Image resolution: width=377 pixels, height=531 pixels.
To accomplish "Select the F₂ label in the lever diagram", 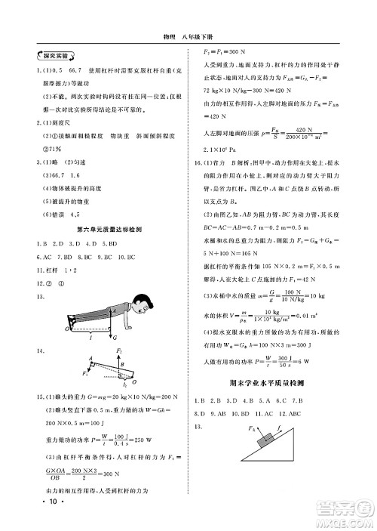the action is [119, 350].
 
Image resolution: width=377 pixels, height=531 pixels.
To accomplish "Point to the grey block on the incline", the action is [265, 438].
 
